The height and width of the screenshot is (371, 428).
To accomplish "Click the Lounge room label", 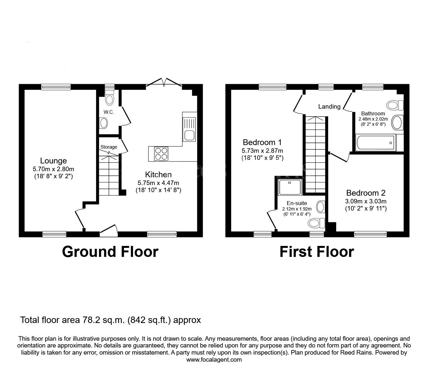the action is point(53,161).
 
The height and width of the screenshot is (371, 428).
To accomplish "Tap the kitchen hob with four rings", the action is point(161,154).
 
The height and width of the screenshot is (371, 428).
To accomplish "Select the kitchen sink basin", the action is point(189,135).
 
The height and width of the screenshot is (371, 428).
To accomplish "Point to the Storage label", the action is point(109,147).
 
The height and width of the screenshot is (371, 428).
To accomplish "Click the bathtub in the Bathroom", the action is point(375,142).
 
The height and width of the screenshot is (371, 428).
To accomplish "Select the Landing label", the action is point(329,106).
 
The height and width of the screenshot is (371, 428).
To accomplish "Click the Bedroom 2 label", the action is point(366,193).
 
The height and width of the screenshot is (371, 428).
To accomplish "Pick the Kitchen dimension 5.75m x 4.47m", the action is point(158,183).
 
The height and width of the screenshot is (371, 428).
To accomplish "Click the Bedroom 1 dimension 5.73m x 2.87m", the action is point(262,151).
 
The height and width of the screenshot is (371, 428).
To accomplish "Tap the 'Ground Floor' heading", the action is point(110,252).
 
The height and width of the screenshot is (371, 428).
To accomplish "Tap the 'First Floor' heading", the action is point(317,252).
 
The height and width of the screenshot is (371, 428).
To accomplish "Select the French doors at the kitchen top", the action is point(164,82).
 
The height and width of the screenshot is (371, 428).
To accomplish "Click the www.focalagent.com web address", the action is point(214,360).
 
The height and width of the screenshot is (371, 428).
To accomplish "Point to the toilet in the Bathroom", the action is point(395,105).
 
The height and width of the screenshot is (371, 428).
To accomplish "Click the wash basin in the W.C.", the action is point(103,123).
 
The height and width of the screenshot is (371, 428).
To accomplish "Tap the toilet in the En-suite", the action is point(316,223).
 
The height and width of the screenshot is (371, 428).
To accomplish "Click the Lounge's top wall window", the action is point(56,87).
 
